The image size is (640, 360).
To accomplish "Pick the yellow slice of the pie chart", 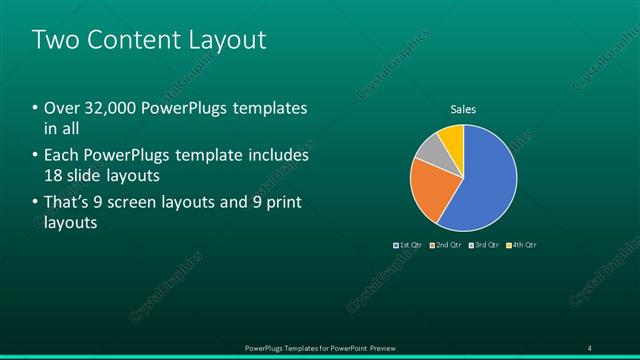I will [452, 136].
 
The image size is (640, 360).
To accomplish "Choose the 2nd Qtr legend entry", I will [446, 245].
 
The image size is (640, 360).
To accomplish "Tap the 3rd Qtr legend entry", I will [483, 245].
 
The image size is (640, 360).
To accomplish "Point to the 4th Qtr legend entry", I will [520, 245].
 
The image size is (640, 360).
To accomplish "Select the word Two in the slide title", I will [54, 40].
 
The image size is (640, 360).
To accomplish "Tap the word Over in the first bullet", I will [59, 108].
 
